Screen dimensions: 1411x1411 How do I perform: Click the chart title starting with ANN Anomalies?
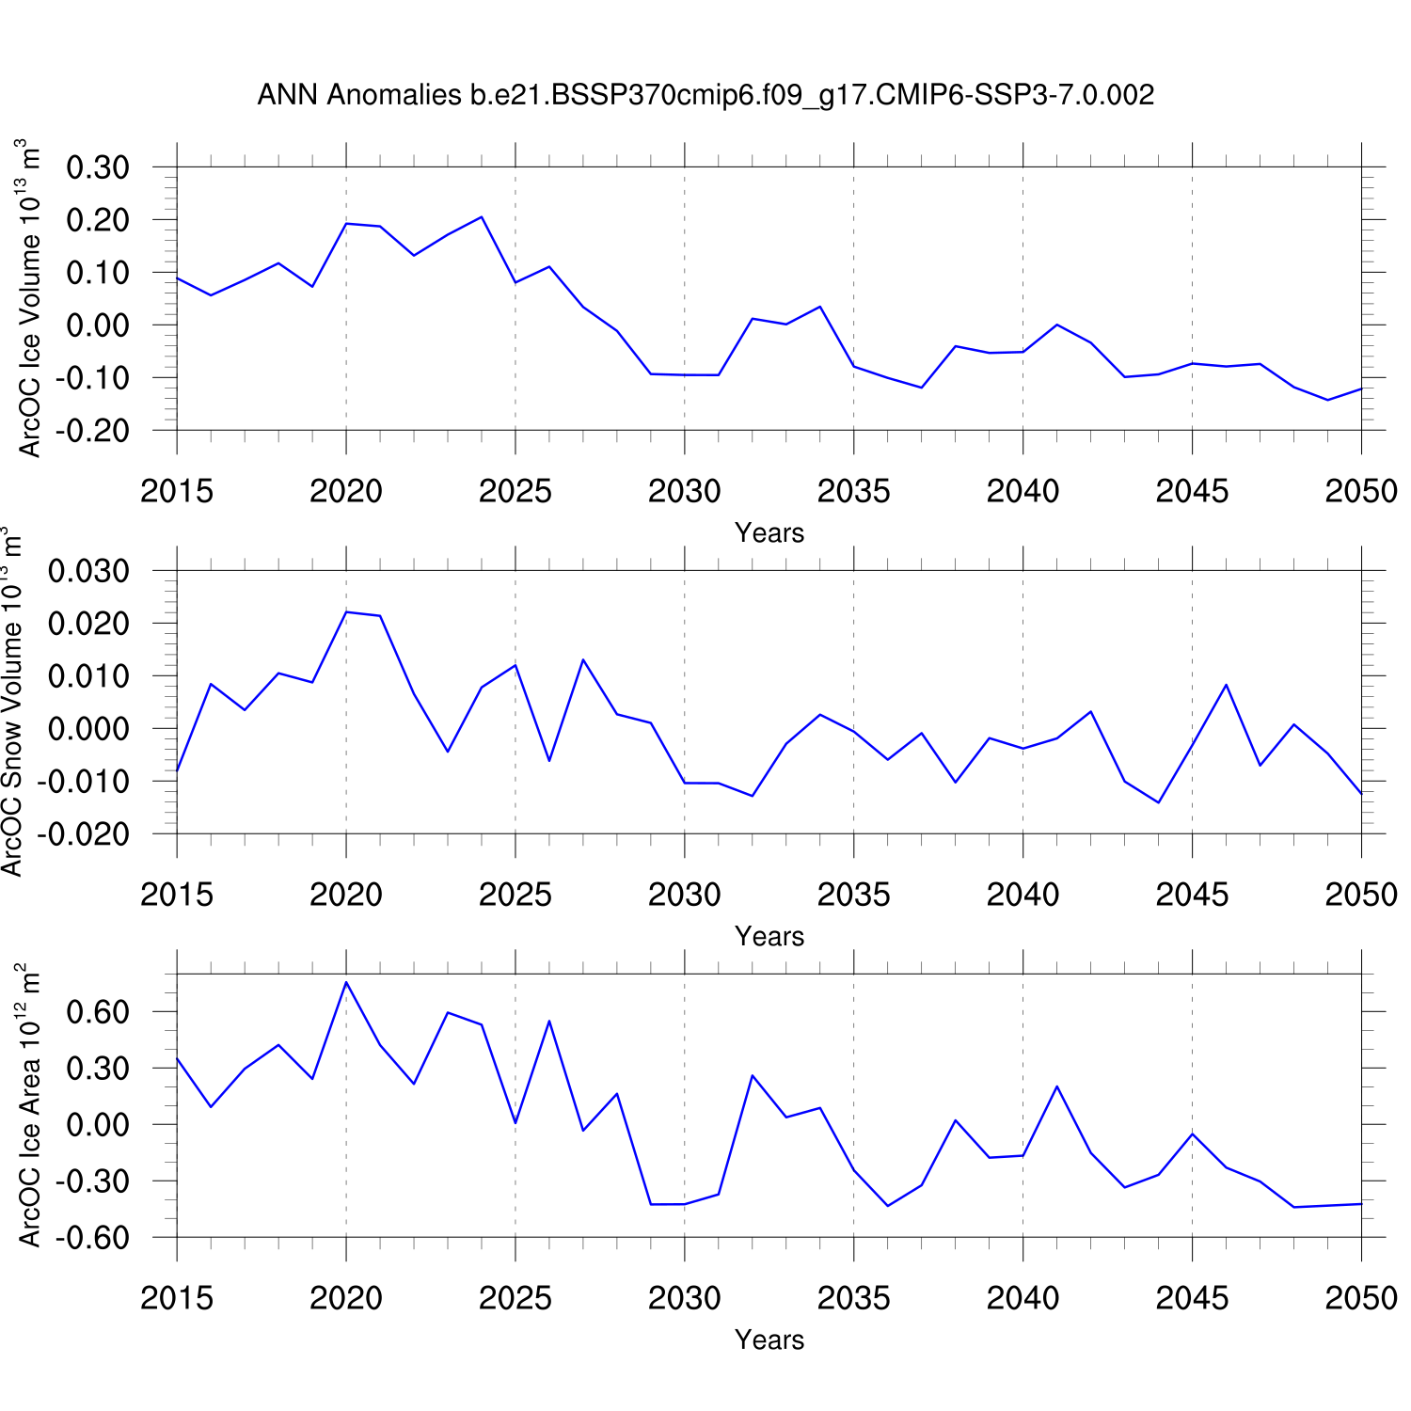tap(705, 95)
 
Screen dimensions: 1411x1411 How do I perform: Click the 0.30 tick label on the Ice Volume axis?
tap(98, 167)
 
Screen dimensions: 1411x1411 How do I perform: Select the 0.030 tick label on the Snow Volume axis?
tap(89, 571)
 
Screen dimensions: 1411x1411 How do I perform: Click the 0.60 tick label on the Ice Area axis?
tap(98, 1012)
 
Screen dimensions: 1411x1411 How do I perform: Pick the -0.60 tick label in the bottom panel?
tap(92, 1238)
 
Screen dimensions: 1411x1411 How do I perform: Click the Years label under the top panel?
tap(769, 533)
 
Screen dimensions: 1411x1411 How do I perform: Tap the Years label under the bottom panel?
tap(769, 1340)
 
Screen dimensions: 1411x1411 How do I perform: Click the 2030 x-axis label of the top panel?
tap(684, 491)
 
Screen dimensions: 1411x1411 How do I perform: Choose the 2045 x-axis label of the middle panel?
tap(1192, 895)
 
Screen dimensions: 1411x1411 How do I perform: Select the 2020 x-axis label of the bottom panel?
tap(346, 1298)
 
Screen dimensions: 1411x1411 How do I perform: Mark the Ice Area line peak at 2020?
tap(346, 982)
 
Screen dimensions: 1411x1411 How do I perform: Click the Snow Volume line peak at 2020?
tap(346, 612)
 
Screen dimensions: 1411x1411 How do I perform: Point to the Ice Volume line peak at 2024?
tap(482, 217)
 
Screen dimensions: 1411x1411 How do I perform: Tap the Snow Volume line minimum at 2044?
tap(1158, 802)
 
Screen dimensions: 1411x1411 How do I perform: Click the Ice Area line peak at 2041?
tap(1057, 1086)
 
